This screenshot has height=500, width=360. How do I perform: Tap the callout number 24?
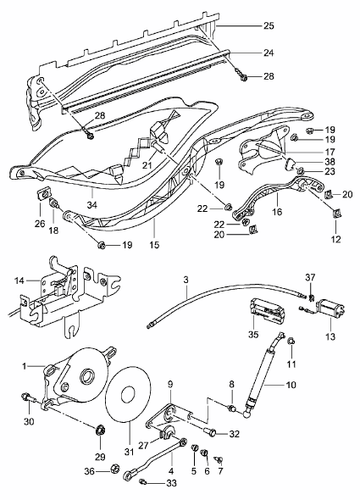point(268,53)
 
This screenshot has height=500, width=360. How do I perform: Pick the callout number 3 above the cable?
point(186,279)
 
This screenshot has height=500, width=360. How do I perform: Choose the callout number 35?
point(252,334)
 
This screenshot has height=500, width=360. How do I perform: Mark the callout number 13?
point(330,336)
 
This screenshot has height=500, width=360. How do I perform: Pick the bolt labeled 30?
point(30,397)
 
